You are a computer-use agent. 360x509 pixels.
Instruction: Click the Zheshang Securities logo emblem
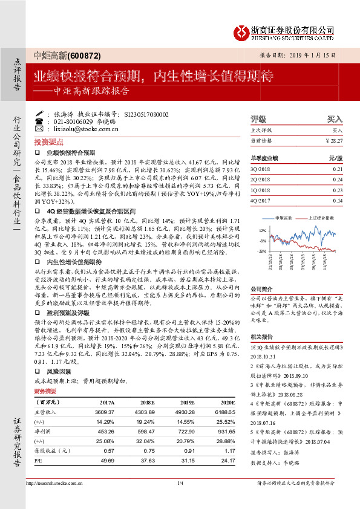tap(242, 31)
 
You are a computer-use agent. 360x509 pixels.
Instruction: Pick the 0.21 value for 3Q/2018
tap(337, 170)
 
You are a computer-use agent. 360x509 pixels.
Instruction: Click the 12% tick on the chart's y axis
tap(261, 231)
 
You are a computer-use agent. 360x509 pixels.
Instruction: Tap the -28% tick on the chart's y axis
tap(261, 250)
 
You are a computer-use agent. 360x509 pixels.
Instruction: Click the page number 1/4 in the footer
tap(180, 499)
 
